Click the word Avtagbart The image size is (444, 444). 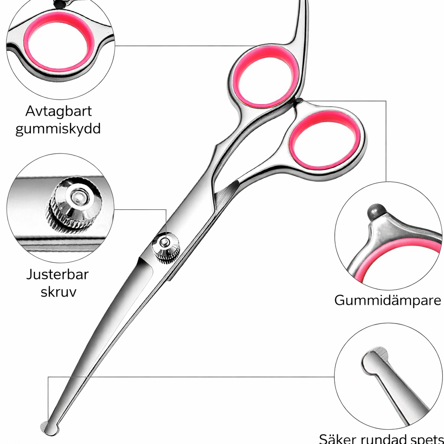(59, 111)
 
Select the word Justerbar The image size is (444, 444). (58, 274)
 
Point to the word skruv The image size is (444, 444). (59, 292)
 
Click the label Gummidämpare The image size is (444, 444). (388, 300)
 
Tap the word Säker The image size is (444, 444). (337, 439)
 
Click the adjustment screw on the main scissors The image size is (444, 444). (166, 247)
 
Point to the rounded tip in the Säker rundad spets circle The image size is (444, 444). (374, 362)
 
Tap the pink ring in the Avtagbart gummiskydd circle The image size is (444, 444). (59, 42)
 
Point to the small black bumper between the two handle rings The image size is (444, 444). (298, 101)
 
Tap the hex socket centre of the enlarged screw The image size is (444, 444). (76, 196)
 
